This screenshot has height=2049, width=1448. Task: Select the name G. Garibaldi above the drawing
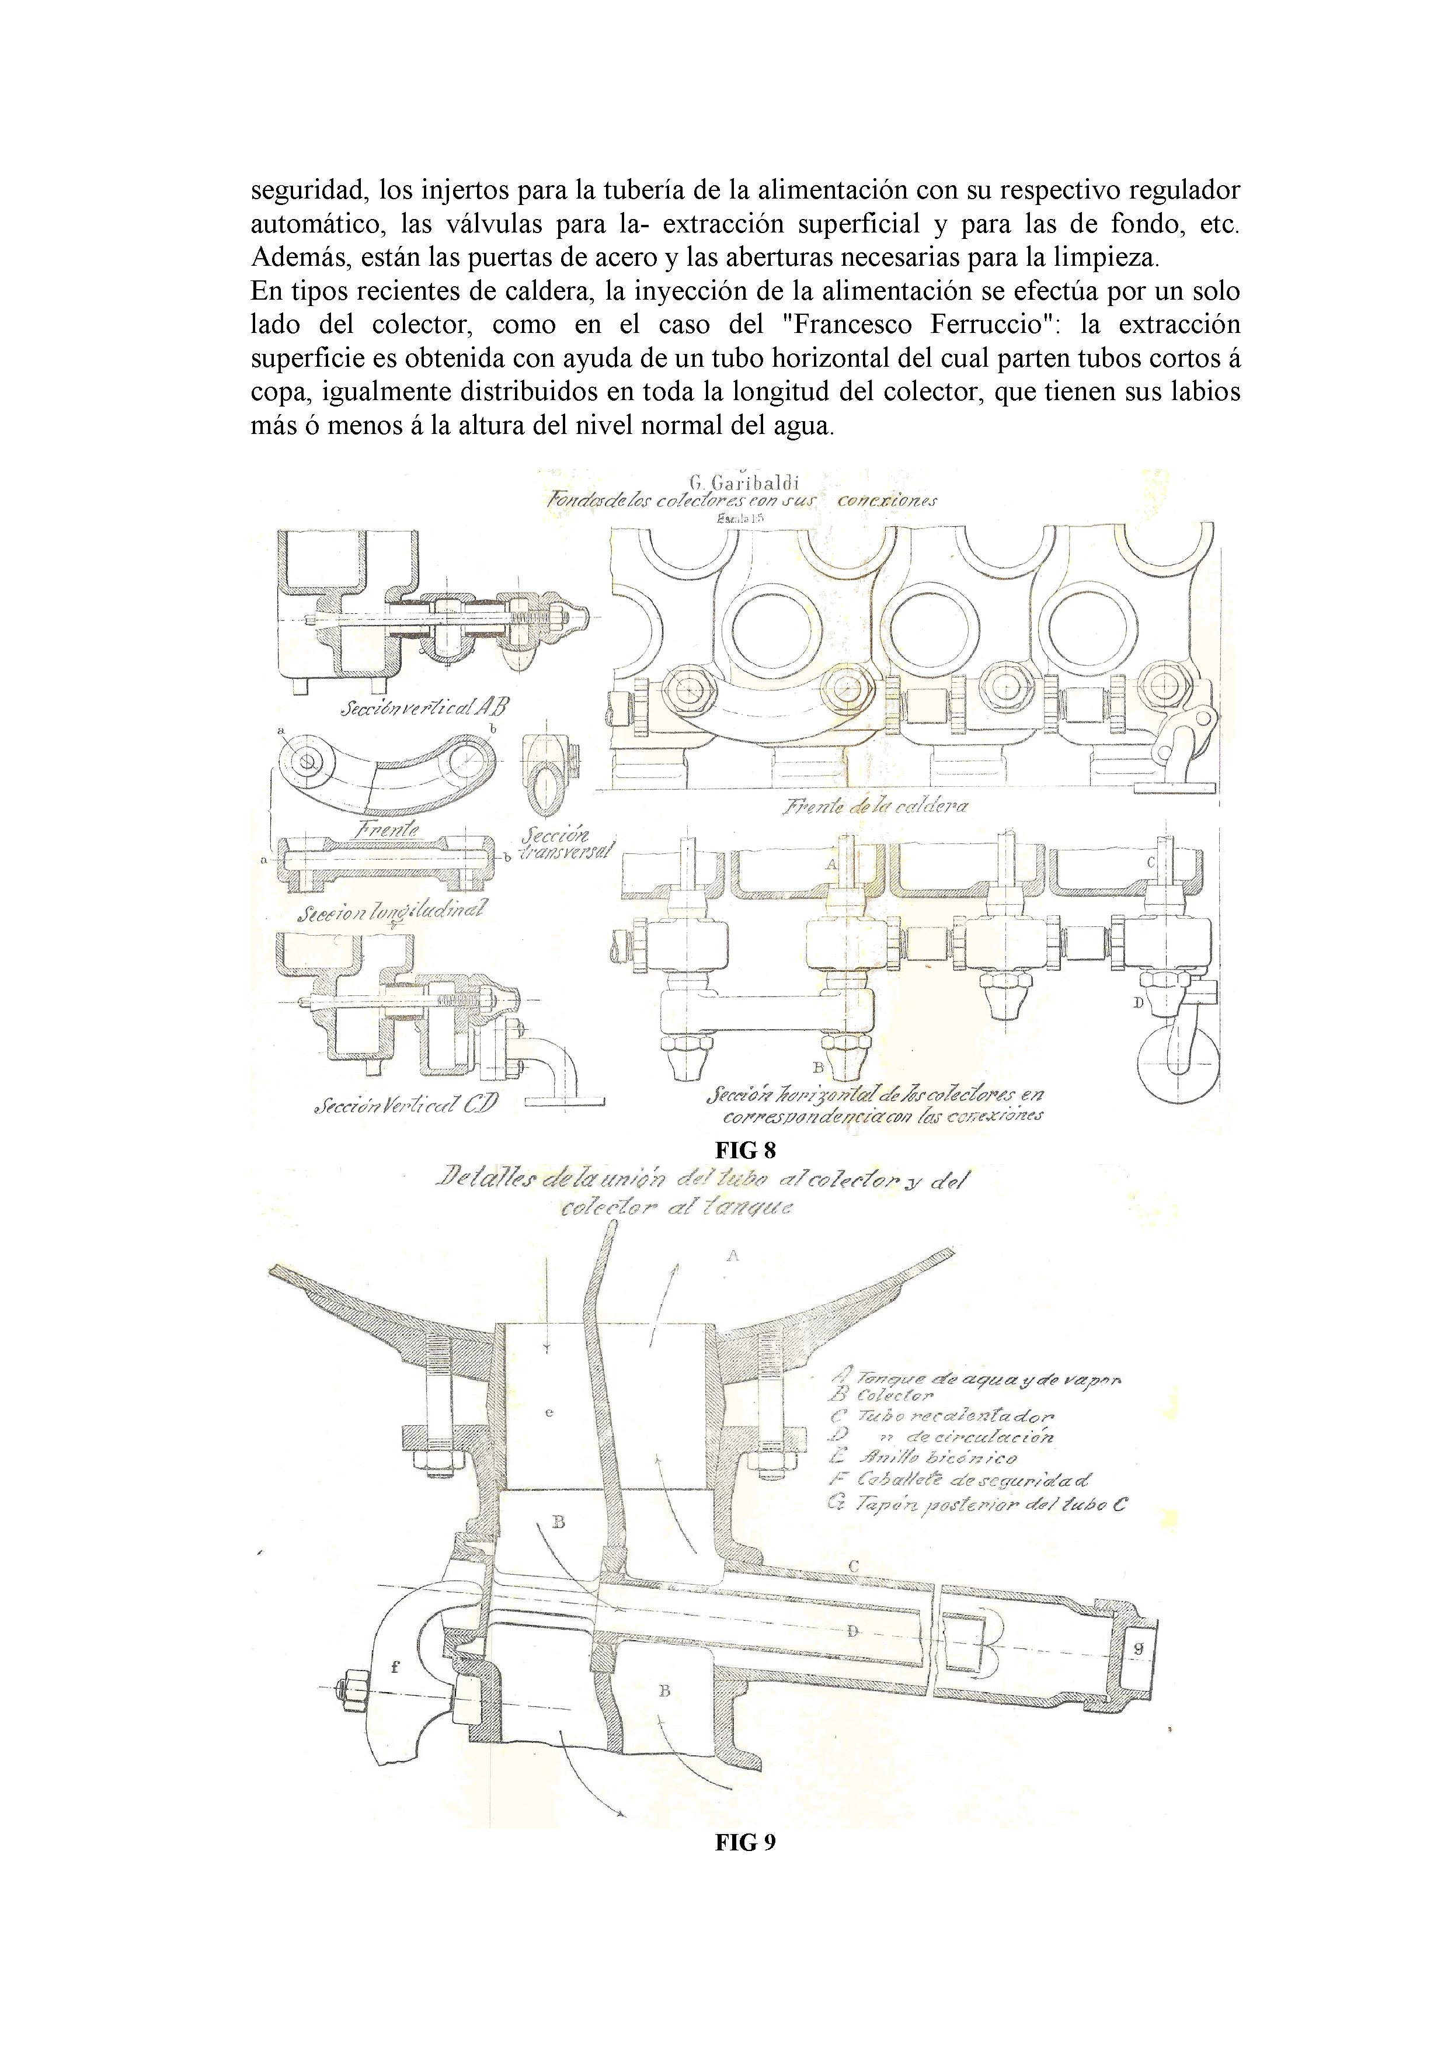click(x=743, y=484)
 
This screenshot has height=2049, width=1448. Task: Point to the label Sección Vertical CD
click(x=405, y=1105)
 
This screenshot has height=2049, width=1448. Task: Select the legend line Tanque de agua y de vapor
click(x=975, y=1379)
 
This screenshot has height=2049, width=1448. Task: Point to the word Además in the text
click(x=299, y=259)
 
